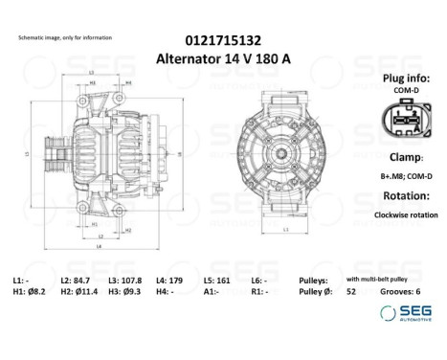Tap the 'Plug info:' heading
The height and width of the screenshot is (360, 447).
(x=407, y=79)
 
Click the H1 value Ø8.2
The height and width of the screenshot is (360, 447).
(x=35, y=291)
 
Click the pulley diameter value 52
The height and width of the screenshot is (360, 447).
(x=350, y=291)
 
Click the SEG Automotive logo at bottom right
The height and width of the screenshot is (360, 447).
(x=407, y=312)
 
